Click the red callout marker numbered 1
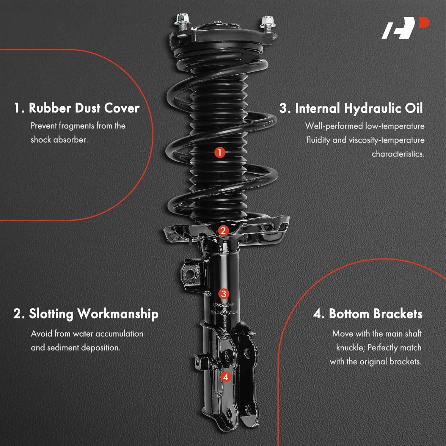[220, 153]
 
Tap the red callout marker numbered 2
[223, 230]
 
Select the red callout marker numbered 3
[224, 294]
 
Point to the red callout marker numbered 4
[226, 377]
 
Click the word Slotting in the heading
[51, 314]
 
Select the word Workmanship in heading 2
[118, 314]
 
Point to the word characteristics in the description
[398, 154]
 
